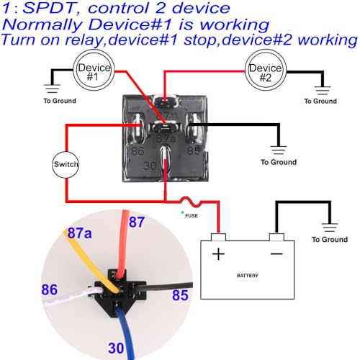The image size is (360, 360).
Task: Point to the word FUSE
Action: [x=192, y=215]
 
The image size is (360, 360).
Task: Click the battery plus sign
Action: [x=218, y=254]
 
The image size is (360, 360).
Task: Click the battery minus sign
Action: [x=276, y=253]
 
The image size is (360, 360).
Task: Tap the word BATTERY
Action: [x=248, y=276]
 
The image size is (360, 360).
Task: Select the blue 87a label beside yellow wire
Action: [x=79, y=233]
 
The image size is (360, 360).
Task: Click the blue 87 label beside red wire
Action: [x=137, y=222]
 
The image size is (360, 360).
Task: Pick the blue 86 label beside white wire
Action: [x=50, y=289]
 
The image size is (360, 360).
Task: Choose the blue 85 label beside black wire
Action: [x=180, y=295]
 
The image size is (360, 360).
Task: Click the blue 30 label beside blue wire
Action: [x=116, y=348]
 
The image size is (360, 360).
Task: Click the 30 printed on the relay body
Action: [x=150, y=166]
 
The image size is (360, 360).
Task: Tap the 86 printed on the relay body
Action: [x=138, y=151]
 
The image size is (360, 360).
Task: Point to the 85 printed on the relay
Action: [x=194, y=150]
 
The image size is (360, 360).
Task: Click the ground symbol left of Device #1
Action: [x=52, y=89]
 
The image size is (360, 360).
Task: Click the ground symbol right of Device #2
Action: [x=323, y=91]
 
